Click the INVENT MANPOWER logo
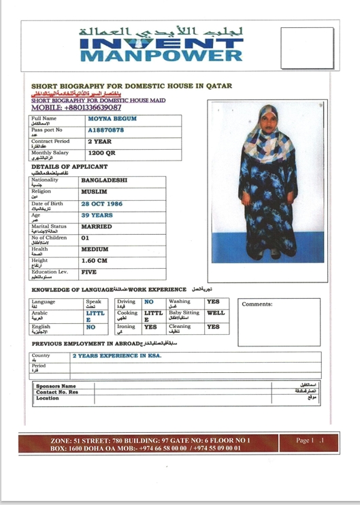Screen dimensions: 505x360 point(161,46)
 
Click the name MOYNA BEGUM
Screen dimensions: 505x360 point(112,119)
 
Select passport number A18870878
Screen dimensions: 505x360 point(106,130)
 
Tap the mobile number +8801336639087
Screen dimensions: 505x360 point(76,108)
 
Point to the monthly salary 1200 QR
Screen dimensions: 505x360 point(102,153)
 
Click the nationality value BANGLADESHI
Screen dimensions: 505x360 point(104,180)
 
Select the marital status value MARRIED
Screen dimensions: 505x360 point(97,227)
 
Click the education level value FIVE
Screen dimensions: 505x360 point(88,272)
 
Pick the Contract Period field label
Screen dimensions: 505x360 point(50,141)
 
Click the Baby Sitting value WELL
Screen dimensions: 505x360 point(216,313)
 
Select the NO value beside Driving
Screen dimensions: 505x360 point(149,301)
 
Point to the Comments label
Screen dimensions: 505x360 point(257,304)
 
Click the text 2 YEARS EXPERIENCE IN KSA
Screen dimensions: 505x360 point(118,356)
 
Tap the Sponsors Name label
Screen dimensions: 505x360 point(56,386)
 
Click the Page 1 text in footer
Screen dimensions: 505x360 point(306,440)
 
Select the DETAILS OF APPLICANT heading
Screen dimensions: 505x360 point(69,167)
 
